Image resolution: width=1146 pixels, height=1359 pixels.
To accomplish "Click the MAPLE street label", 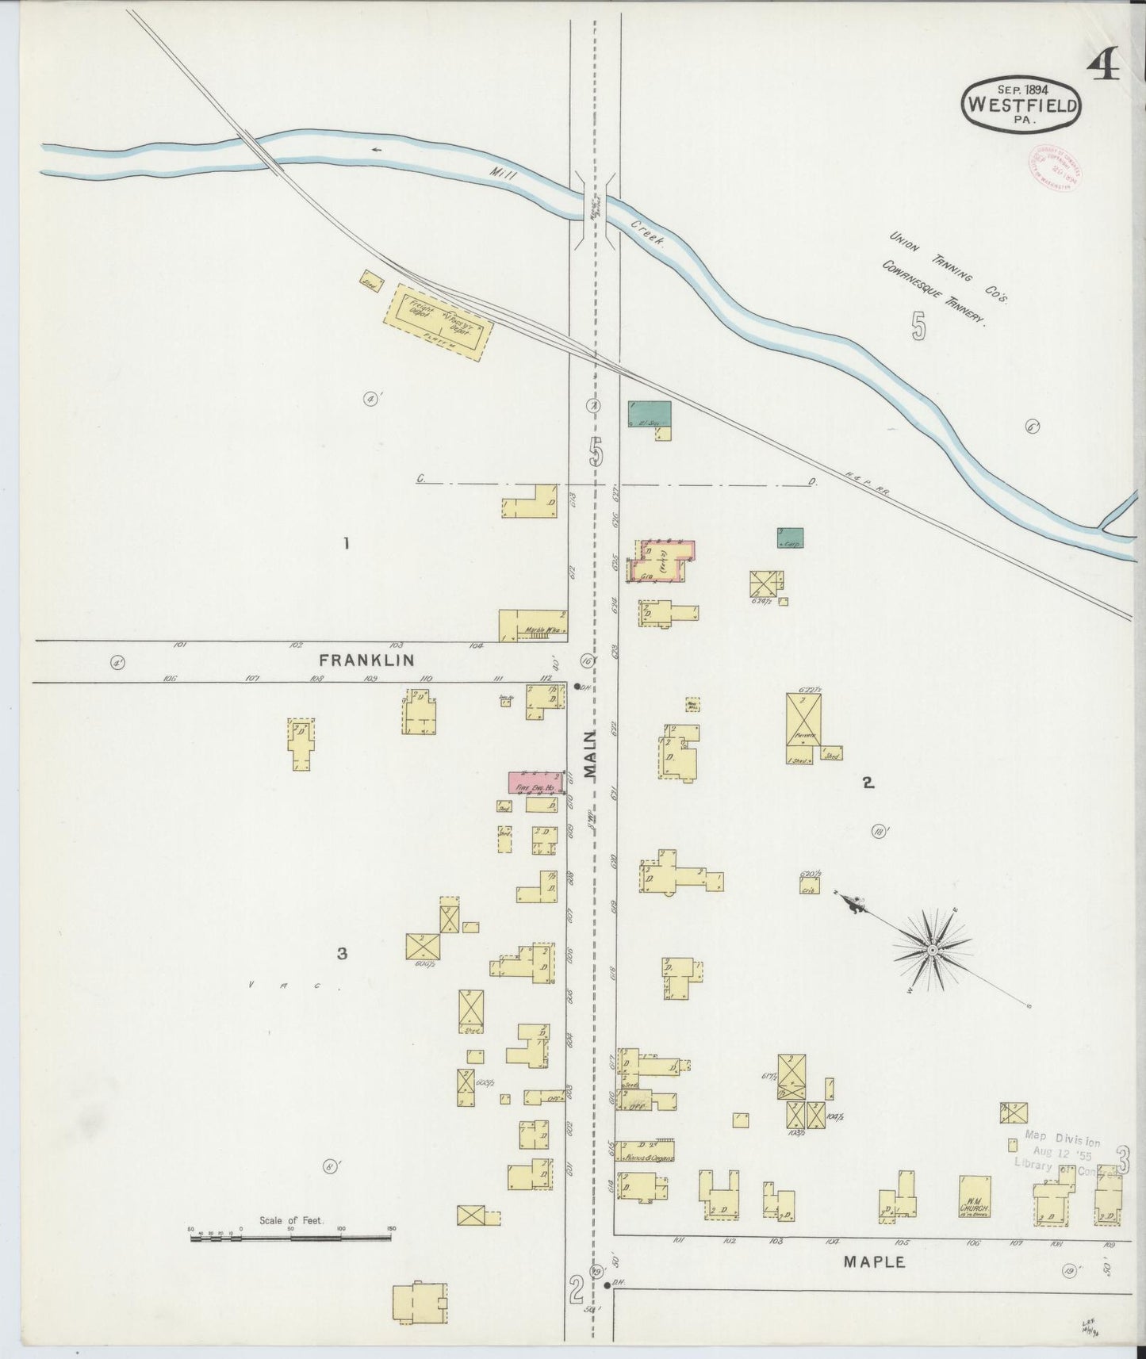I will point(873,1261).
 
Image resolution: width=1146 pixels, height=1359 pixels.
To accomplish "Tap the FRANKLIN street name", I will point(366,660).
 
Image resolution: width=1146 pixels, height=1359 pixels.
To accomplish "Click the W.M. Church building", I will point(975,1196).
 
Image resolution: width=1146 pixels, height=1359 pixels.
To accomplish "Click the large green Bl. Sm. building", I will point(649,415).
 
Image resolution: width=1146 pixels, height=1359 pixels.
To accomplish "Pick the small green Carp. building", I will point(790,538).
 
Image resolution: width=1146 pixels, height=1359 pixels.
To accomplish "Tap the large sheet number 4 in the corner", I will point(1103,66).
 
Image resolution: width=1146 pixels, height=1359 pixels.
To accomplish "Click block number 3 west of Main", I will point(342,954).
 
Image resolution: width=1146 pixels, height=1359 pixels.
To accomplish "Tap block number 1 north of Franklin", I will point(346,544).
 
